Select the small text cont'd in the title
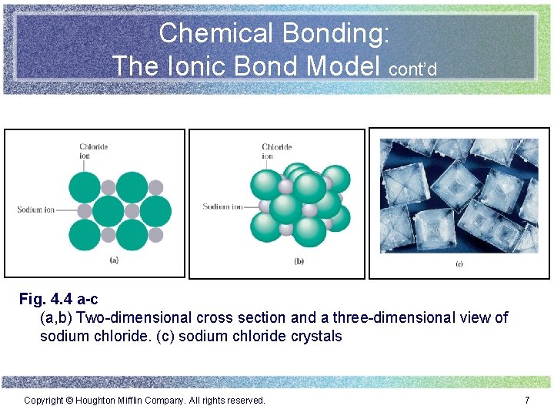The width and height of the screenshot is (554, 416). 413,69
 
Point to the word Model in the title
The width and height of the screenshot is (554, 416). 345,65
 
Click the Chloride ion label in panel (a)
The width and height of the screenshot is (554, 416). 93,150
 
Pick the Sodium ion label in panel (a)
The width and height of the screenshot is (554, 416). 35,210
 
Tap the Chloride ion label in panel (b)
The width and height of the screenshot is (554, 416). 276,151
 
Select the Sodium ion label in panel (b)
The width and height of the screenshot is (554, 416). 222,206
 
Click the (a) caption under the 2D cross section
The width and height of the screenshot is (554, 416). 114,260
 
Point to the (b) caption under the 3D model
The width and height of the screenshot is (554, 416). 299,261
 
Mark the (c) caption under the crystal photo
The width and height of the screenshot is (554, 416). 459,264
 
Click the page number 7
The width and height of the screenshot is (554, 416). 527,401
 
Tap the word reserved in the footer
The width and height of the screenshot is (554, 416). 245,401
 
